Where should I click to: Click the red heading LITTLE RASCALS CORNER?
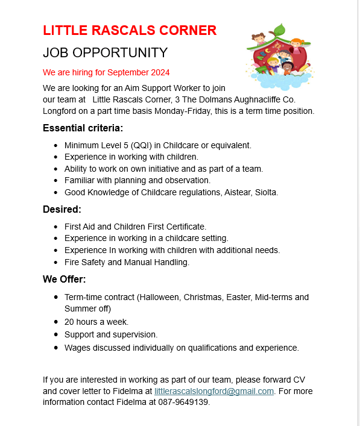[x=130, y=30]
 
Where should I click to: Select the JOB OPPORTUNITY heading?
[x=105, y=52]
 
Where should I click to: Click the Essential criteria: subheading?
[x=83, y=128]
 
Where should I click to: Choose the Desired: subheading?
[x=62, y=210]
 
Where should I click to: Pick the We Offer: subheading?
[x=64, y=280]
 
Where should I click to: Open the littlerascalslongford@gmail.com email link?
[x=214, y=391]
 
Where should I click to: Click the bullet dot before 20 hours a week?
[x=55, y=322]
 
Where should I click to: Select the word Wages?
[x=77, y=348]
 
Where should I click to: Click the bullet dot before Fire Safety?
[x=55, y=262]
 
